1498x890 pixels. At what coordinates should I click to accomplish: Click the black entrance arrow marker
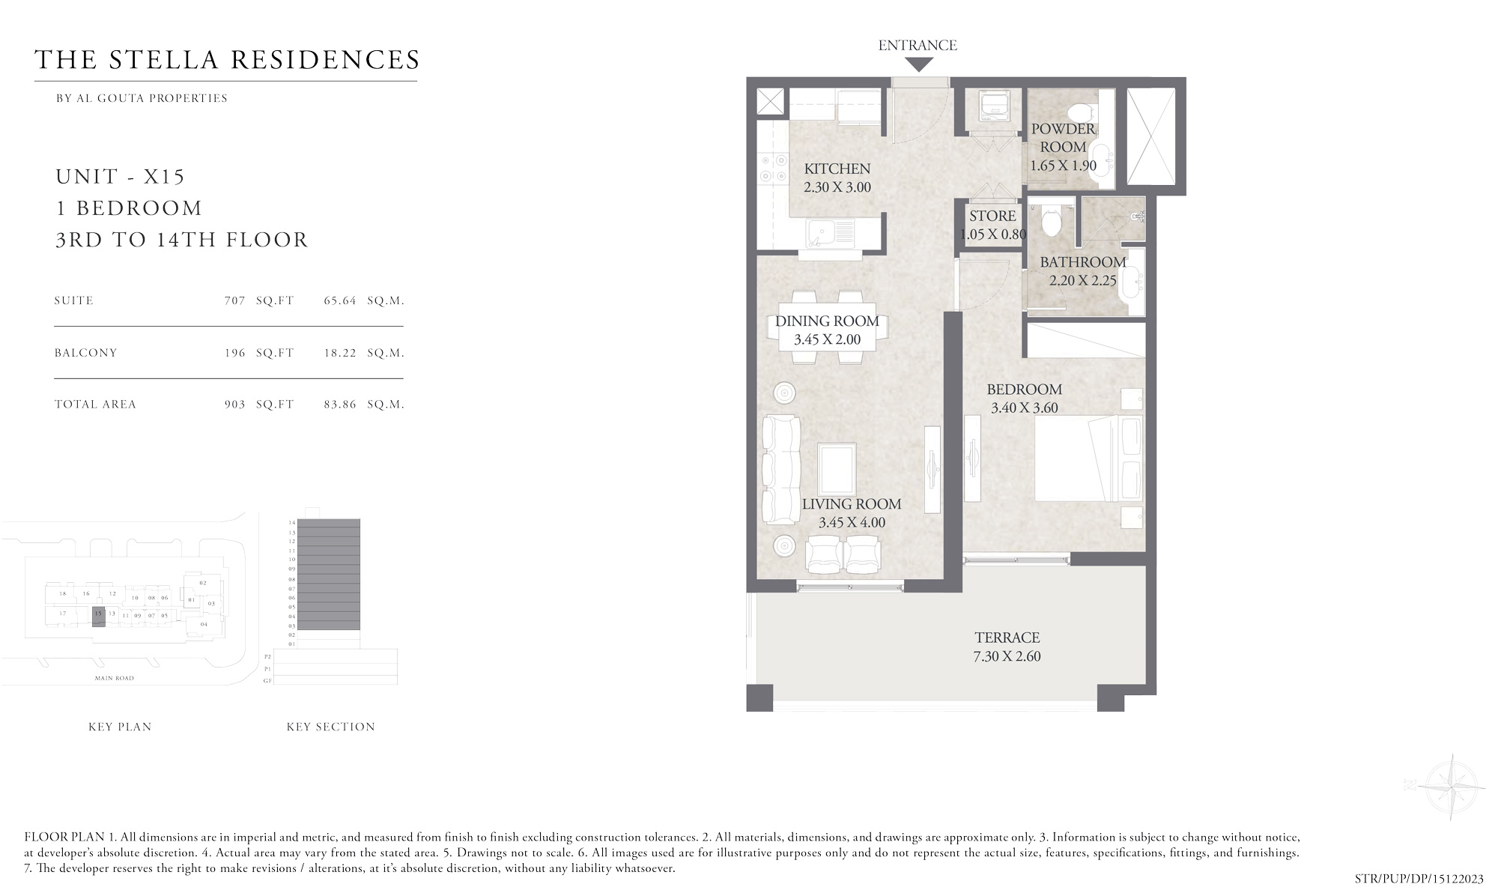pos(918,64)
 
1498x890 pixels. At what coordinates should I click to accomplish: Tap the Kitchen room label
pos(837,169)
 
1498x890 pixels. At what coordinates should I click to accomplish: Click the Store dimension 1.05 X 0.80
pos(992,234)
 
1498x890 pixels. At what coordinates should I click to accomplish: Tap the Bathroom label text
pos(1082,262)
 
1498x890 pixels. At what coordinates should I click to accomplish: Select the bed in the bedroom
pos(1088,458)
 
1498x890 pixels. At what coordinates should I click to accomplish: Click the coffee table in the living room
pos(837,469)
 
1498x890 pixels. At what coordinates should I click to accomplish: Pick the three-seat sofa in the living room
pos(780,470)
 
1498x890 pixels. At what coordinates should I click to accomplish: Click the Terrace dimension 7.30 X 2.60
pos(1007,656)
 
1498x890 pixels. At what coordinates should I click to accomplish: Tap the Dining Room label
pos(827,321)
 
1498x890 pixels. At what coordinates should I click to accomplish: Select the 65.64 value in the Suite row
pos(339,300)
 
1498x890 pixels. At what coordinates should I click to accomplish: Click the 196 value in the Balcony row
pos(234,353)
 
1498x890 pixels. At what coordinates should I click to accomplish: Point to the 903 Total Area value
pos(234,405)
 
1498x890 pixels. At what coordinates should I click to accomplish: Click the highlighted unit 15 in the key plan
pos(98,617)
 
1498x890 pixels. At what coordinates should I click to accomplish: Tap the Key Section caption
pos(330,727)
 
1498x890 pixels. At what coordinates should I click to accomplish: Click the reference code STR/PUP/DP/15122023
pos(1419,879)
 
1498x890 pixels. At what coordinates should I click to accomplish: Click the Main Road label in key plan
pos(114,678)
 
